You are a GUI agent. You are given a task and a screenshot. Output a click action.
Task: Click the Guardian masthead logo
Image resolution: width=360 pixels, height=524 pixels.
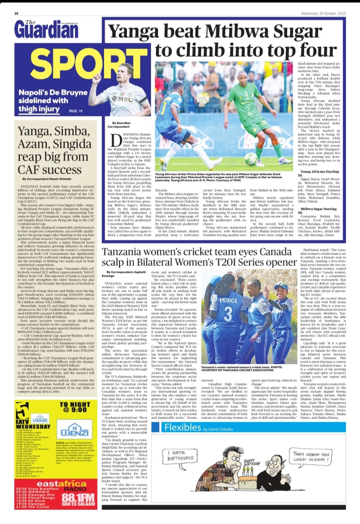point(46,29)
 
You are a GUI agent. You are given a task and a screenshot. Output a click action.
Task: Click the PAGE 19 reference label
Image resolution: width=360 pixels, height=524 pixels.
point(76,111)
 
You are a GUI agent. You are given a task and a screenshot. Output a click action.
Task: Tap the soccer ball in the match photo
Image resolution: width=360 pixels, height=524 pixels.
point(251,159)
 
